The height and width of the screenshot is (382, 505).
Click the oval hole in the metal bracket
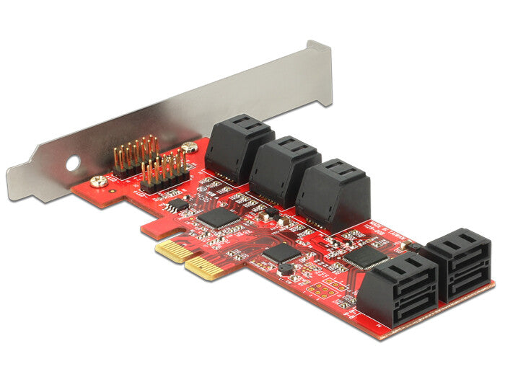tap(71, 164)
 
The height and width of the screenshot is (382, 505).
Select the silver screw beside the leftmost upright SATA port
tap(190, 148)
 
